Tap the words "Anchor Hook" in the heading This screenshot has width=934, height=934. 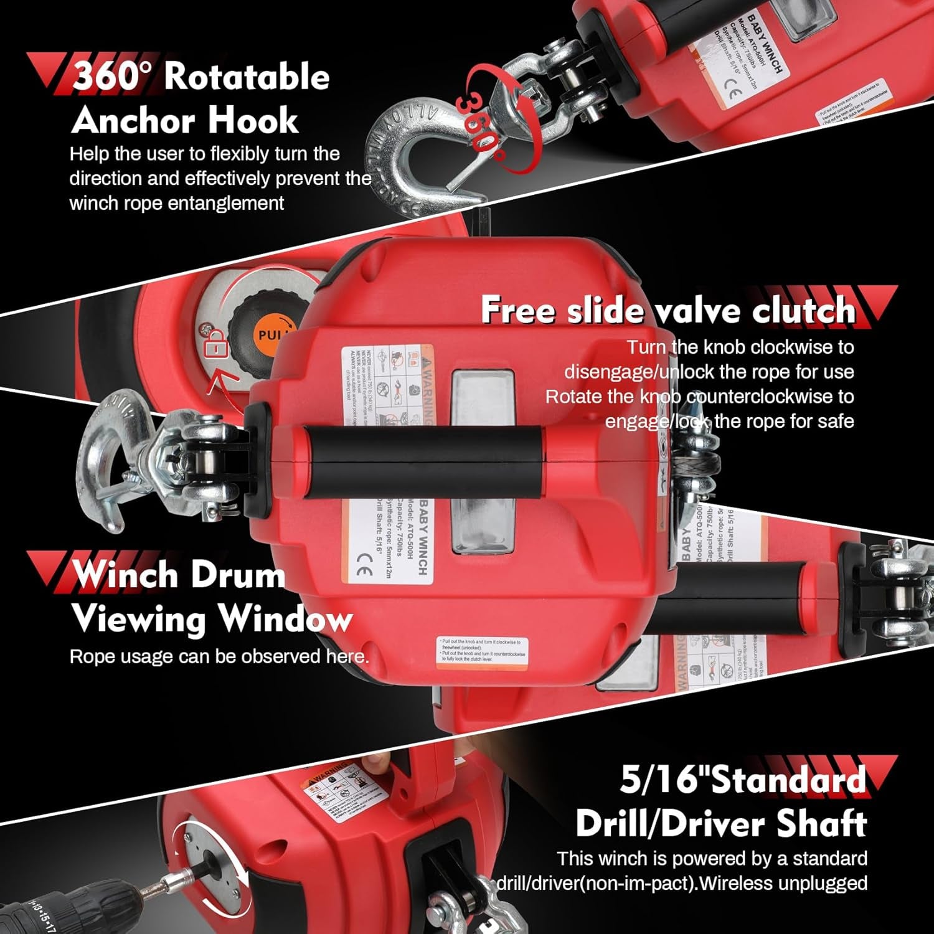(x=185, y=120)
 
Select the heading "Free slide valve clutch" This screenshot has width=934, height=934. (x=668, y=309)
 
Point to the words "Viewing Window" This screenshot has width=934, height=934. (x=212, y=619)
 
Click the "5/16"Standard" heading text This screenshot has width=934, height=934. (x=743, y=779)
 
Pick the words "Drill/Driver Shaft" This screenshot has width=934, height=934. (x=721, y=824)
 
